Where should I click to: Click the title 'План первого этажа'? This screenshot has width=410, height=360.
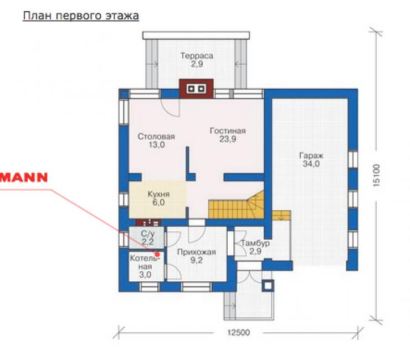click(x=81, y=16)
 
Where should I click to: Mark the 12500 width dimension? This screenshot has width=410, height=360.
click(x=238, y=332)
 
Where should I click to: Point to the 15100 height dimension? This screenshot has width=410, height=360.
click(x=376, y=175)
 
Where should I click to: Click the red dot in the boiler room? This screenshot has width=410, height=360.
click(x=157, y=254)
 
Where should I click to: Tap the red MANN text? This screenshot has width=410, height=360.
click(x=24, y=178)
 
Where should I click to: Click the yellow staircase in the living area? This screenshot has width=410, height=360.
click(x=236, y=205)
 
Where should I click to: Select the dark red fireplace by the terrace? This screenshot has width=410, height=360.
click(x=196, y=89)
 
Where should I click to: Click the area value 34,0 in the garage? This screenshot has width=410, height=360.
click(x=311, y=164)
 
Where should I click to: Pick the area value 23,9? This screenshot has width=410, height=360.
click(x=228, y=139)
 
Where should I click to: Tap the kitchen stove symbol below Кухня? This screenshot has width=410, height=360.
click(x=148, y=223)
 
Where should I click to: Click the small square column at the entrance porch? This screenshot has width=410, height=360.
click(x=268, y=285)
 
